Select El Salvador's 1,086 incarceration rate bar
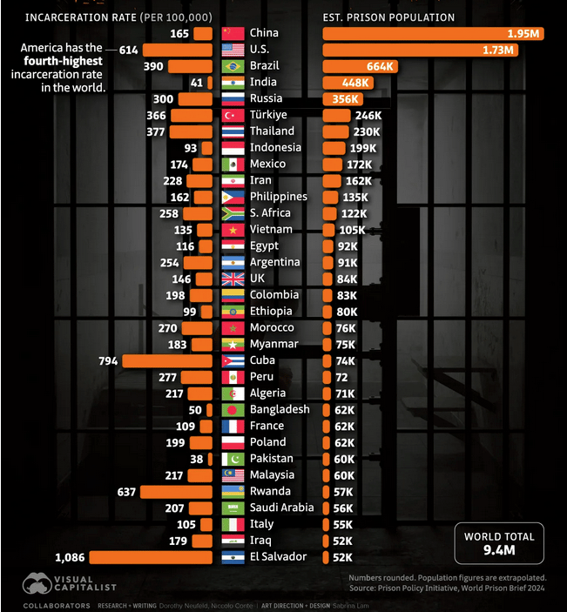[x=151, y=557]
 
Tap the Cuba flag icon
[x=233, y=360]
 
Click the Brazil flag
[x=233, y=66]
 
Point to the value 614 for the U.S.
[x=129, y=50]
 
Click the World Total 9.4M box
[x=499, y=543]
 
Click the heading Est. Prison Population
[x=388, y=17]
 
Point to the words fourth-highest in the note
[x=64, y=63]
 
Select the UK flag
[x=233, y=279]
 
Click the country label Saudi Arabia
[x=282, y=508]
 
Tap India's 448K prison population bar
[x=348, y=83]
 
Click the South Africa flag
[x=233, y=213]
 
